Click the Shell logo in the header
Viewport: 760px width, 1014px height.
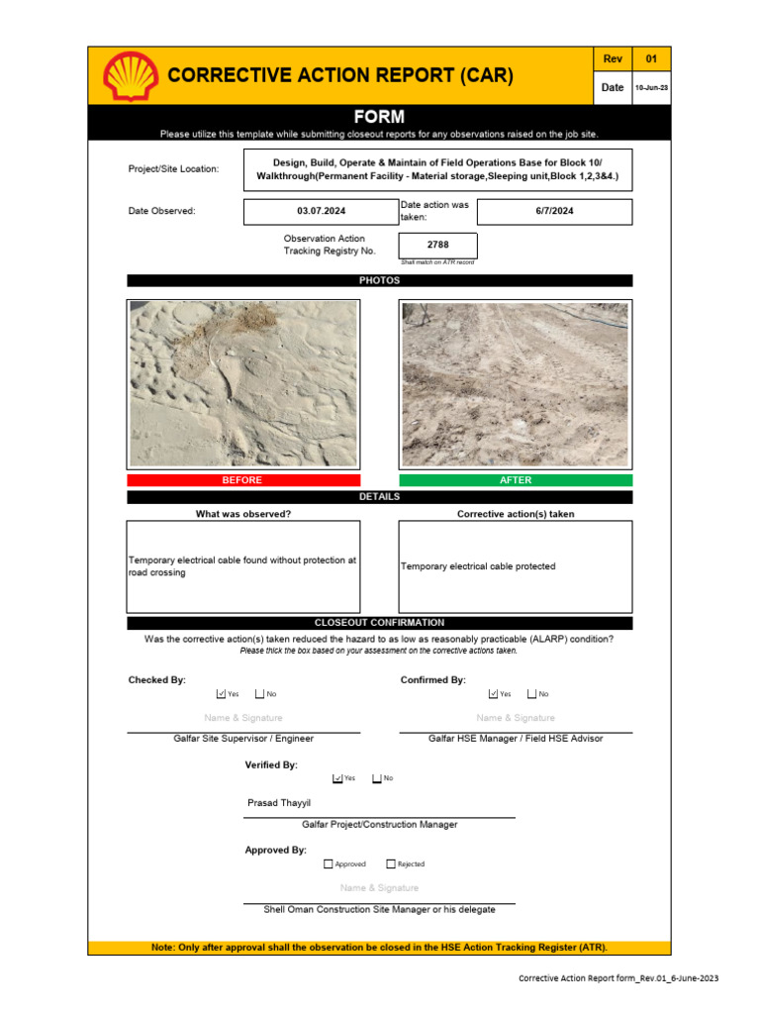point(131,76)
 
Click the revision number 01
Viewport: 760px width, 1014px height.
point(651,59)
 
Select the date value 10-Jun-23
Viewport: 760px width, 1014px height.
point(651,87)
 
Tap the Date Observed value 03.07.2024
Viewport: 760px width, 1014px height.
point(322,212)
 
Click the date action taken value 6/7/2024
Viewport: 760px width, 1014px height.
point(554,211)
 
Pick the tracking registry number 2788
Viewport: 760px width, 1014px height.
point(437,245)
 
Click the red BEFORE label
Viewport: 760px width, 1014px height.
point(242,480)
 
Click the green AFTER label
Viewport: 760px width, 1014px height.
point(516,480)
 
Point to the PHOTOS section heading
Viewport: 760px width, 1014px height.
point(379,281)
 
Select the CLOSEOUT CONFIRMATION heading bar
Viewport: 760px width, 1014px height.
point(379,623)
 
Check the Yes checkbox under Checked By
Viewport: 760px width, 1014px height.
point(221,694)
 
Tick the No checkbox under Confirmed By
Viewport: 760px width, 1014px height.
point(531,694)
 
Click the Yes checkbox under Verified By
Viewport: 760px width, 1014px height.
point(337,778)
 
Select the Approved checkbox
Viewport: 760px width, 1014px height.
point(329,864)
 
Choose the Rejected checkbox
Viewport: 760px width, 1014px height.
point(391,864)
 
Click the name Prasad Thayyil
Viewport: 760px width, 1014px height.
point(278,803)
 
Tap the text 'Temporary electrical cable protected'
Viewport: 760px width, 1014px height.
point(478,566)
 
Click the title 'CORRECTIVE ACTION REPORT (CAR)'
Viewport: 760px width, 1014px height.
point(340,75)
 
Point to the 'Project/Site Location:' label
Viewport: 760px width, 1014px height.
point(173,169)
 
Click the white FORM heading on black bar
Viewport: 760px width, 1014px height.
point(379,117)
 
